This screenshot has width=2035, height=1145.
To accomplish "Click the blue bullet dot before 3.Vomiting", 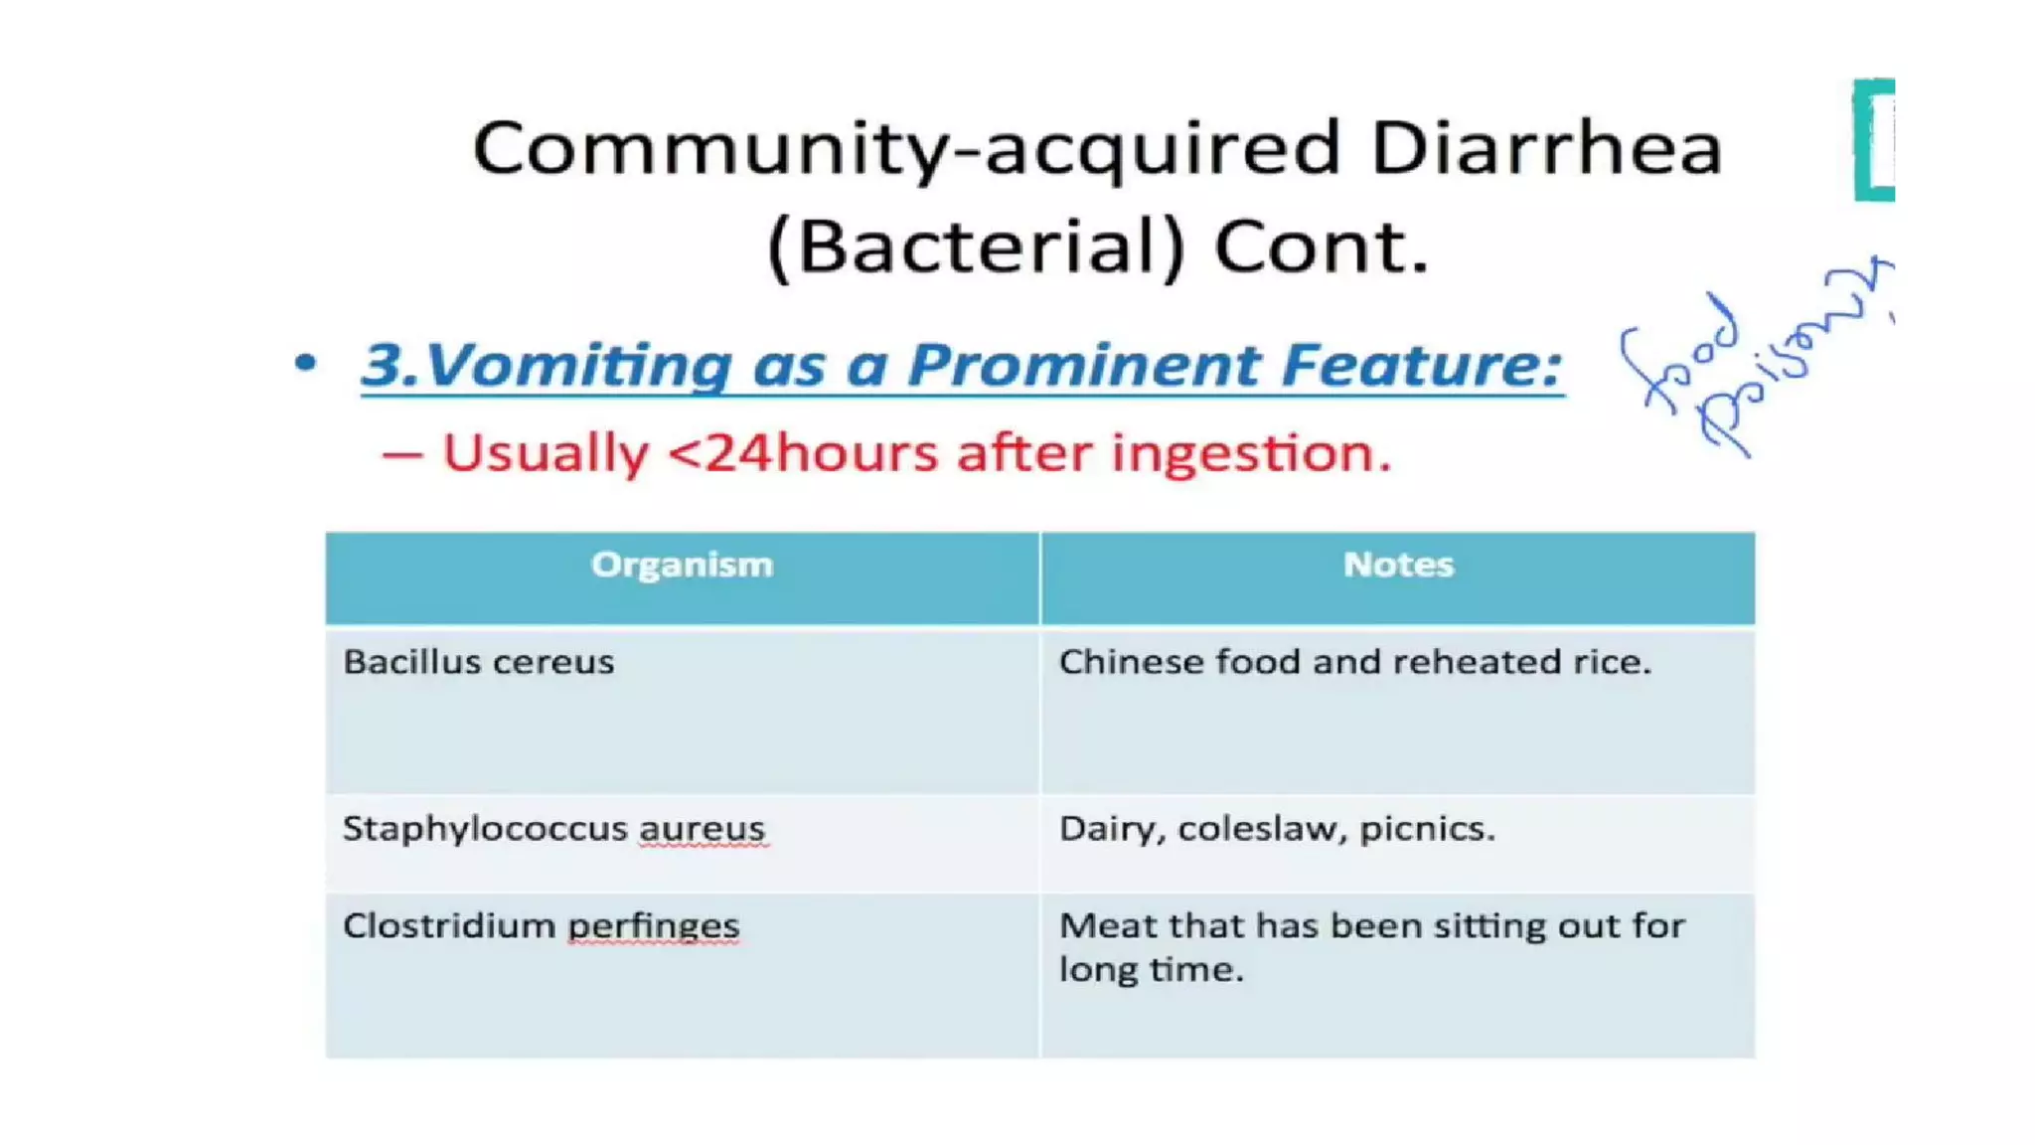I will (306, 363).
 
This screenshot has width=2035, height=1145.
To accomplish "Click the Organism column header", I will (682, 565).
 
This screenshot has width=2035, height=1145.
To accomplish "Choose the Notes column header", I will (1398, 565).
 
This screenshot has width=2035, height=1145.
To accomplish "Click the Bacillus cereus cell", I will (479, 662).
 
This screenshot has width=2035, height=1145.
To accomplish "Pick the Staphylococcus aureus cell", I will (553, 829).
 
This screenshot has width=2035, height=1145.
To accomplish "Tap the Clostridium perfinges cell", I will (542, 926).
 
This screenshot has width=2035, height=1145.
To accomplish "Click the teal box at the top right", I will (1875, 140).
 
